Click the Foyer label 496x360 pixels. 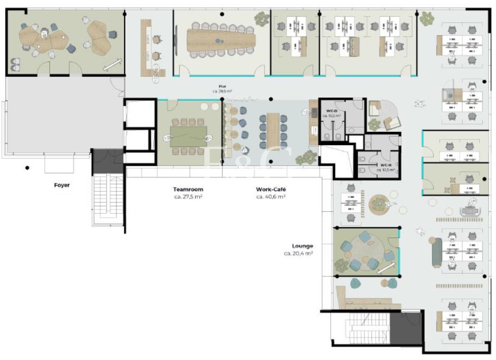[x=62, y=185]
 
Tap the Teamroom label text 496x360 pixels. [x=188, y=189]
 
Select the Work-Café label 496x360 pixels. [x=271, y=189]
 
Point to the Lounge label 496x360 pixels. [x=302, y=246]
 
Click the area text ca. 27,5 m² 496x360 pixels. [x=188, y=197]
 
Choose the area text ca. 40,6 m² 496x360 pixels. [x=271, y=197]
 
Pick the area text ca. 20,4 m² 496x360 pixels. [x=298, y=254]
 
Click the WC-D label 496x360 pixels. [x=331, y=111]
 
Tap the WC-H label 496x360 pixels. [x=386, y=165]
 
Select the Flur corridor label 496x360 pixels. [x=222, y=87]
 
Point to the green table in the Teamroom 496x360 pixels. [x=188, y=136]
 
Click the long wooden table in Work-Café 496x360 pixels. [x=273, y=131]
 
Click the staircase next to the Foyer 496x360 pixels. [x=107, y=199]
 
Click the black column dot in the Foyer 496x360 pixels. [x=27, y=168]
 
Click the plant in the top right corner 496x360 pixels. [x=427, y=17]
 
